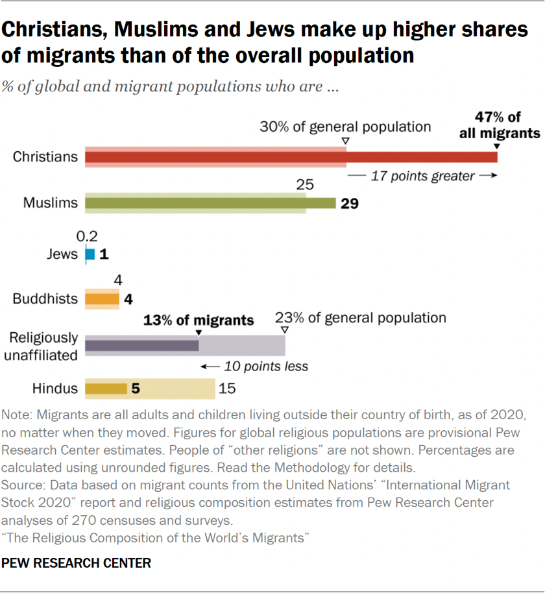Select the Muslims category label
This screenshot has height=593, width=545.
coord(51,202)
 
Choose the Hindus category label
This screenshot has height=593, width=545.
coord(55,389)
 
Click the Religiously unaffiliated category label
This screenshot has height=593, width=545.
coord(43,346)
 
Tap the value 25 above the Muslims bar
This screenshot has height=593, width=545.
coord(305,185)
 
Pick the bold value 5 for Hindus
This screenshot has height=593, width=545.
coord(136,389)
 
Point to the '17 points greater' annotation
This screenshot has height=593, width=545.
coord(422,176)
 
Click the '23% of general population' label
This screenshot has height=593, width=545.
coord(361,317)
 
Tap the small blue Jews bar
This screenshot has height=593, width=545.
coord(90,254)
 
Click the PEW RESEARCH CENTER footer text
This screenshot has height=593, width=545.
coord(77,563)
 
